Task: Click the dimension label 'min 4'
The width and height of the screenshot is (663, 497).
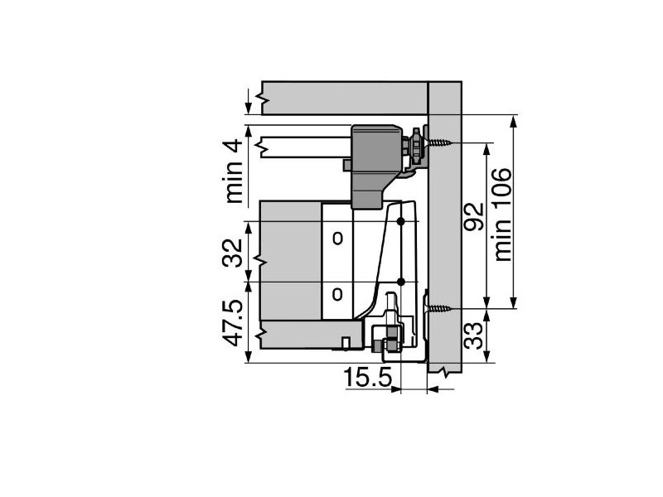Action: click(234, 171)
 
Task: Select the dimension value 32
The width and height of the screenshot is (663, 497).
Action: click(233, 253)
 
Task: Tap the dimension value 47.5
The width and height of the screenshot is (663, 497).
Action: click(233, 323)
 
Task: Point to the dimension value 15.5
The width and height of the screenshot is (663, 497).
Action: click(367, 377)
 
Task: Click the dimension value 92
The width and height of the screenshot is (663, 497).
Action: click(473, 216)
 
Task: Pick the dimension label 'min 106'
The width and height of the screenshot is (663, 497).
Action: click(503, 215)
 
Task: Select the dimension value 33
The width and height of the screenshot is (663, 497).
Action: click(473, 336)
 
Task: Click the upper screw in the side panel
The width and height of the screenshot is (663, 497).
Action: click(440, 142)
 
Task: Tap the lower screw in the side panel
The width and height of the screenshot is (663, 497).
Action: click(440, 309)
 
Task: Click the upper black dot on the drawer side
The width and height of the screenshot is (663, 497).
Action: click(401, 221)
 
